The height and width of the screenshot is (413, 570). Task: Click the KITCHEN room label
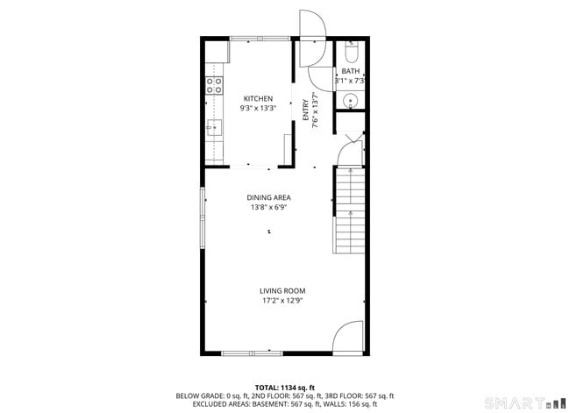click(258, 98)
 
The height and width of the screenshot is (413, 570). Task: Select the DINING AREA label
click(268, 197)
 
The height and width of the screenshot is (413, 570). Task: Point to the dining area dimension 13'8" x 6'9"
click(268, 208)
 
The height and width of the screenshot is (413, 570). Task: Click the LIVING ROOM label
click(281, 291)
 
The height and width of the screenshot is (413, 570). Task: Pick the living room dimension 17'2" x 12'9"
click(281, 302)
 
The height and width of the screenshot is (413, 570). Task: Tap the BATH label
click(350, 72)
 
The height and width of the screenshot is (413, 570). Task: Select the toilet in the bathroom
click(351, 53)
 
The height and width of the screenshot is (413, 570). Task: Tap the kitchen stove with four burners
click(213, 85)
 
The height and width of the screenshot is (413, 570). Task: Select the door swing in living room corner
click(348, 337)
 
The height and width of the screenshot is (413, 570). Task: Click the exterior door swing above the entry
click(311, 25)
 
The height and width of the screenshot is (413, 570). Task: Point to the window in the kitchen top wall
click(260, 38)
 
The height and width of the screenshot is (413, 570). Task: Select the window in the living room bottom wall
click(252, 353)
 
